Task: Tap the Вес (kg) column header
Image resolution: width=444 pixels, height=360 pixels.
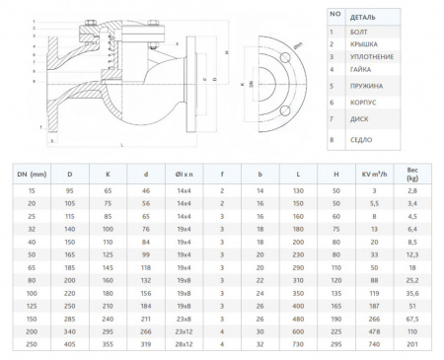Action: (412, 173)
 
